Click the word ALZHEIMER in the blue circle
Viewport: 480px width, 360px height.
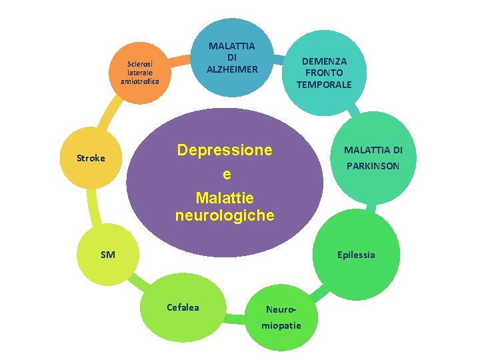click(231, 69)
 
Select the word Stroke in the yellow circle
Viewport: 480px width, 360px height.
click(91, 159)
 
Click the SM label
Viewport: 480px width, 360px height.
click(107, 254)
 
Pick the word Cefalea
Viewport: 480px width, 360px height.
click(183, 307)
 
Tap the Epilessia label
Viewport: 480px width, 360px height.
click(355, 255)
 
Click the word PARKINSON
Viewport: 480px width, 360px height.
click(372, 165)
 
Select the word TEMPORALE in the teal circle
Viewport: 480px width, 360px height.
click(324, 84)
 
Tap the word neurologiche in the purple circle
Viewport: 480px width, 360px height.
click(224, 215)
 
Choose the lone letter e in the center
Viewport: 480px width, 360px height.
click(227, 175)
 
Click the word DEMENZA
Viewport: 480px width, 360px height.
click(324, 61)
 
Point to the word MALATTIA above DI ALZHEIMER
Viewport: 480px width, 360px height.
click(231, 46)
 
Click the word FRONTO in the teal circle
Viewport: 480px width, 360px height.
click(324, 72)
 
